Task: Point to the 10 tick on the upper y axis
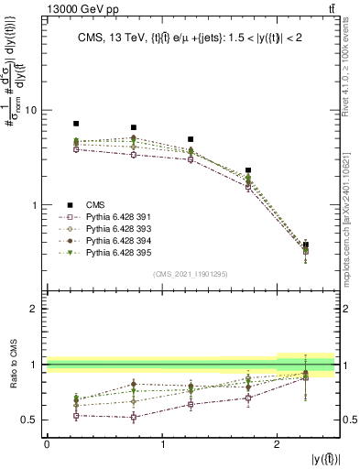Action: [36, 110]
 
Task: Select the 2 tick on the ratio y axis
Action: [38, 309]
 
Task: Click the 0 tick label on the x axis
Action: [47, 443]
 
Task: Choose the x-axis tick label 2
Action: [278, 443]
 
